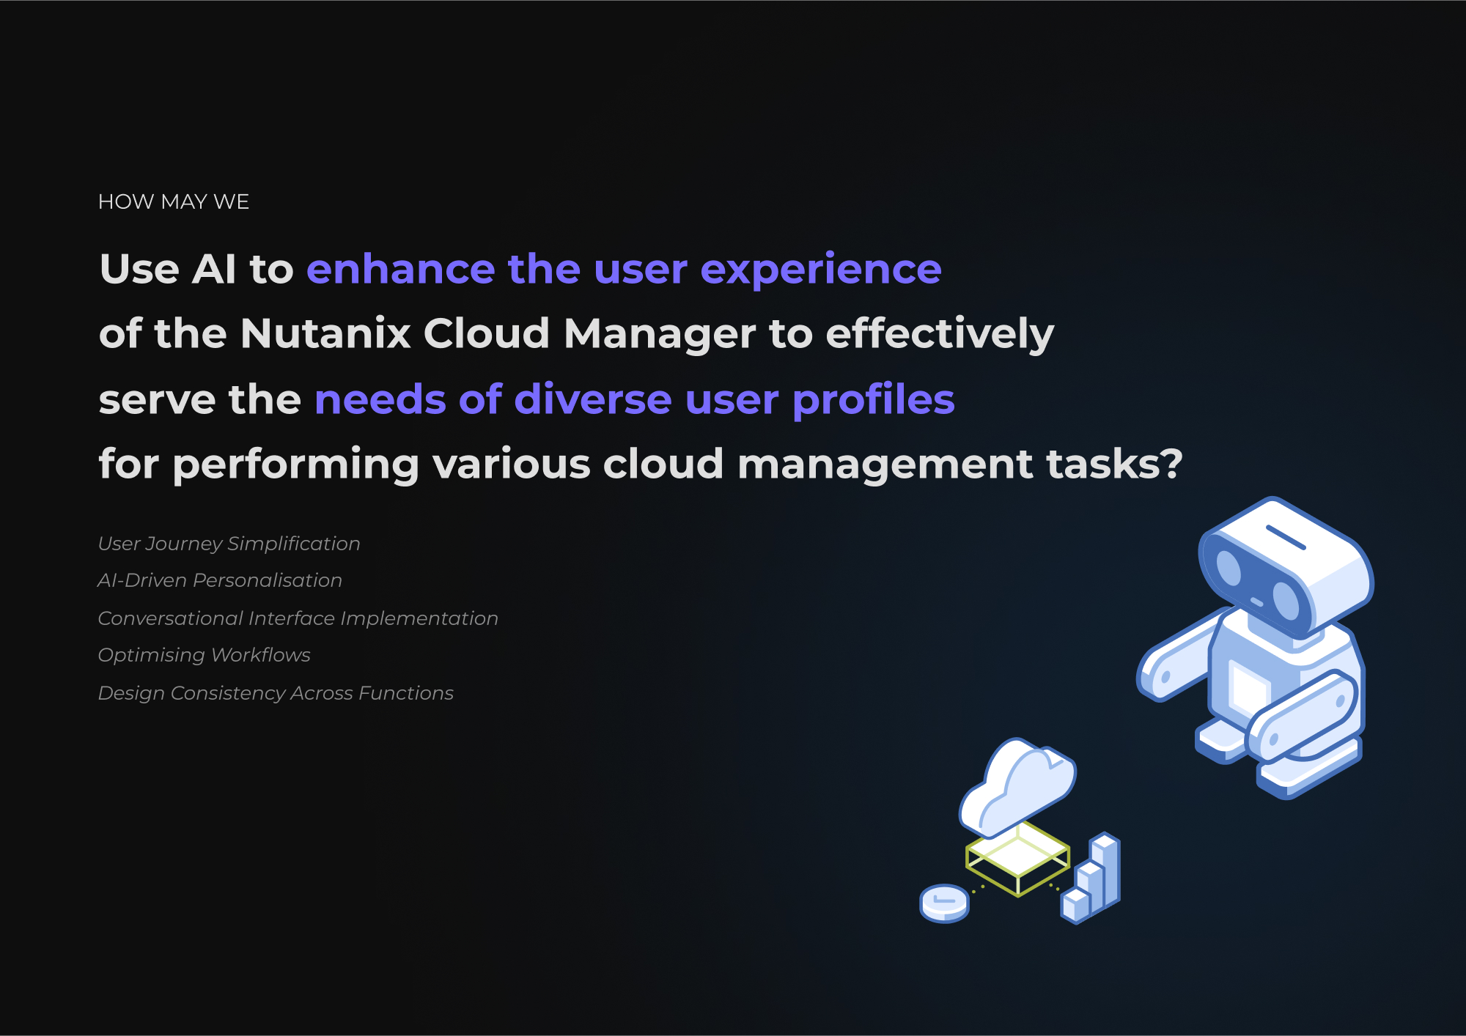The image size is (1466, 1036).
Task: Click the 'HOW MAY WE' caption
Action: tap(174, 201)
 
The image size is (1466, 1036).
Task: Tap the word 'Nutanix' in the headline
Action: tap(325, 333)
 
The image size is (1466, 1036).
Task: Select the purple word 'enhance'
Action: tap(401, 269)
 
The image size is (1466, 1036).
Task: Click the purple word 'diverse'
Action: tap(593, 399)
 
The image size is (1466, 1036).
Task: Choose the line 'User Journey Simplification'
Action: tap(229, 544)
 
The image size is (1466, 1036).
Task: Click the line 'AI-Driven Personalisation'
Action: tap(220, 580)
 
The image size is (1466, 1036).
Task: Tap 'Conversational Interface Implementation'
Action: tap(298, 618)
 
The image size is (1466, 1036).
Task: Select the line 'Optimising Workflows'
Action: tap(205, 655)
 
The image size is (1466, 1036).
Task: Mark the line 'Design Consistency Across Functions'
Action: tap(276, 693)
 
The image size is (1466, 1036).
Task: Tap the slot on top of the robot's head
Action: tap(1286, 537)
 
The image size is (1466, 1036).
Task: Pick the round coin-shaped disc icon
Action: tap(945, 903)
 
